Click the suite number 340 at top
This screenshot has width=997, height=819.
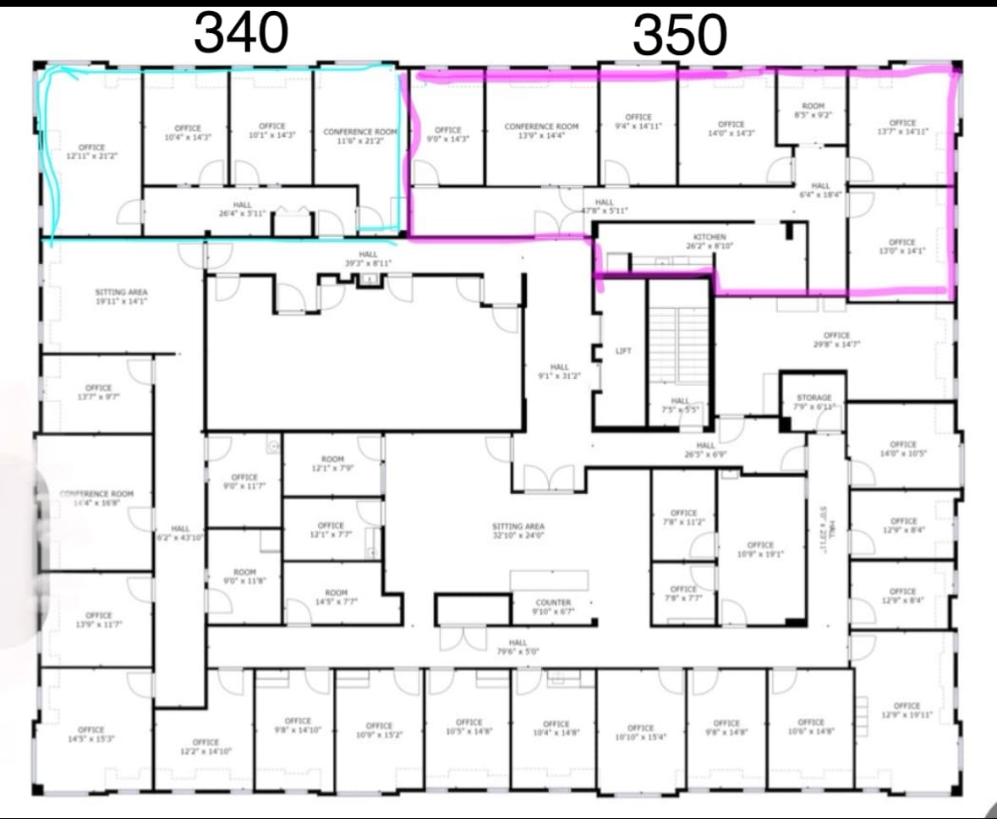click(x=241, y=34)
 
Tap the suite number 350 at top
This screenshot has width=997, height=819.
click(x=679, y=36)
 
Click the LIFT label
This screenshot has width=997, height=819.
click(x=623, y=350)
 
